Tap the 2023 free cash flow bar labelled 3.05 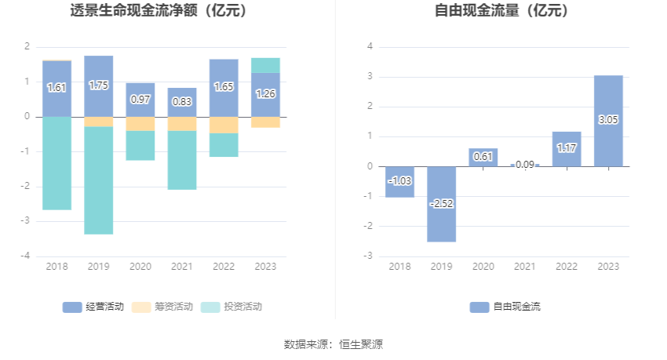point(608,121)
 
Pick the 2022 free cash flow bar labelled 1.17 point(567,149)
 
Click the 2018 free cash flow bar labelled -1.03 point(400,181)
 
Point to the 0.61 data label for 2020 point(483,157)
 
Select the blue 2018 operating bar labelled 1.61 point(56,88)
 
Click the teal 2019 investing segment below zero point(98,180)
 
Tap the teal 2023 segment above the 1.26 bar point(265,65)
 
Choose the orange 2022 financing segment point(224,125)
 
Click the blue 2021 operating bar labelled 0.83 point(182,102)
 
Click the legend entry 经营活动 point(93,307)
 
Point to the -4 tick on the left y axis point(27,256)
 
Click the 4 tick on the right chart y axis point(370,46)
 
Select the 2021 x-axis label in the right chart point(525,267)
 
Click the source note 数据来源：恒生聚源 point(333,344)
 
